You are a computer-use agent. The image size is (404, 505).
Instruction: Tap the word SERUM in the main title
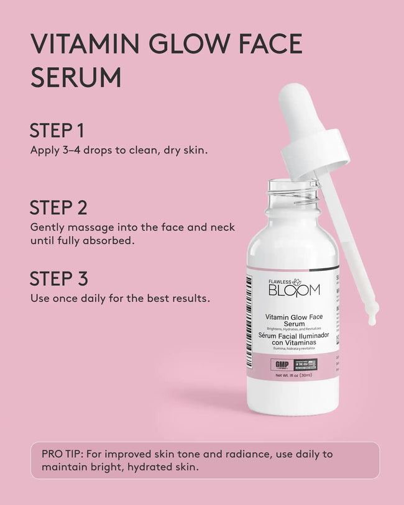click(75, 78)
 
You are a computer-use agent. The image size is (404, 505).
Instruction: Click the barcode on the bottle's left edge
click(250, 311)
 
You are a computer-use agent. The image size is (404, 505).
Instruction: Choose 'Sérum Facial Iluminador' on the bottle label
click(293, 335)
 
